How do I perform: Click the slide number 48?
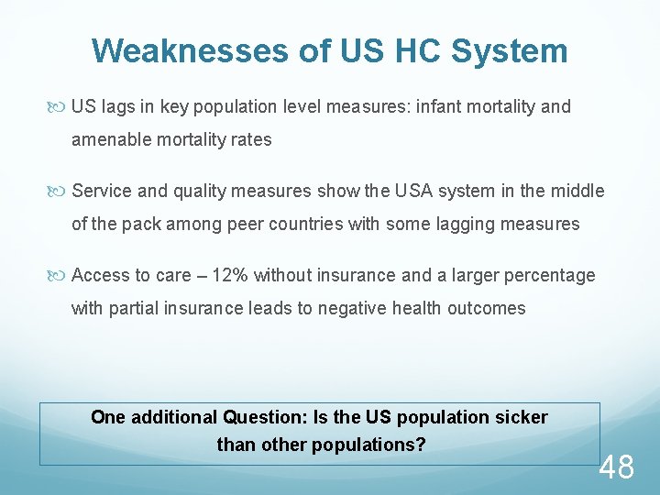tap(616, 467)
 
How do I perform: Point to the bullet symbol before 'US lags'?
tap(61, 107)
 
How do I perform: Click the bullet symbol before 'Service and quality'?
tap(61, 191)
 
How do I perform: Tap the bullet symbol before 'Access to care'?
tap(61, 275)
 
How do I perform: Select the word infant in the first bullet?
tap(441, 107)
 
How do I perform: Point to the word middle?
tap(577, 191)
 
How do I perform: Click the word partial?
tap(136, 308)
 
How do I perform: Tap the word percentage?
tap(551, 275)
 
